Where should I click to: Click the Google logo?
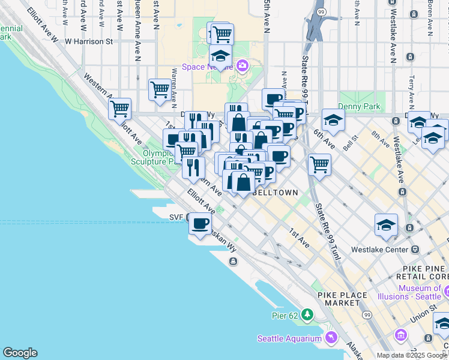[x=20, y=353]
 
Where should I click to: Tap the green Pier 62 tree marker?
[x=307, y=314]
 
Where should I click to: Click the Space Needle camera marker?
[x=242, y=65]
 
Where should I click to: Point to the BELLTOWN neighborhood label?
[x=276, y=193]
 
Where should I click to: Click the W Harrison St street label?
[x=89, y=42]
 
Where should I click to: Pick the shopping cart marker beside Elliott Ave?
[x=119, y=109]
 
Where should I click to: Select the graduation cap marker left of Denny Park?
[x=333, y=119]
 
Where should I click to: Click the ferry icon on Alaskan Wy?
[x=234, y=261]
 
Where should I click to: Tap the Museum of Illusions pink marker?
[x=447, y=292]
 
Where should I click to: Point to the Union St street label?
[x=424, y=314]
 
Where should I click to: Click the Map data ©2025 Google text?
[x=412, y=355]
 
